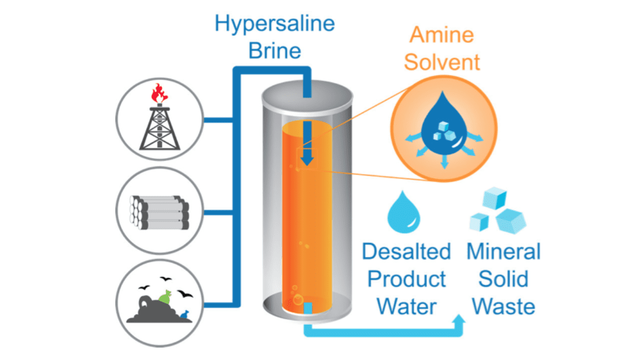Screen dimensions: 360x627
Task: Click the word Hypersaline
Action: coord(274,24)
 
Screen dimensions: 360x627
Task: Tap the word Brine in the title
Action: coord(274,50)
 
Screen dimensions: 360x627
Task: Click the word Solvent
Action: coord(442,61)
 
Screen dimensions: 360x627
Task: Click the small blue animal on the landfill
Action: coord(184,314)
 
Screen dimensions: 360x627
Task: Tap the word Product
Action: coord(406,279)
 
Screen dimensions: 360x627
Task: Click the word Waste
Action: coord(503,306)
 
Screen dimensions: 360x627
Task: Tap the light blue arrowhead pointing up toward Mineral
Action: coord(458,324)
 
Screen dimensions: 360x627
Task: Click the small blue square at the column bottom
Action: coord(308,308)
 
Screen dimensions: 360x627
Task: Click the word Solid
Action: coord(503,279)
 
